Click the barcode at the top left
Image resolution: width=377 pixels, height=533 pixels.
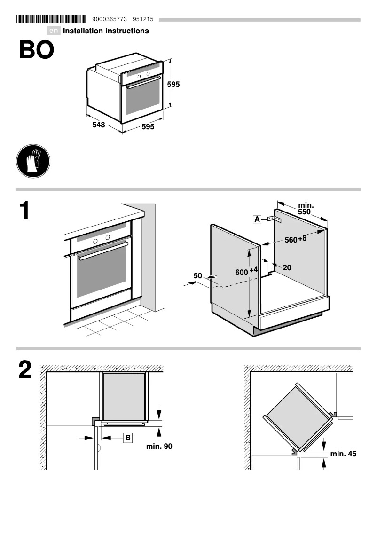(51, 19)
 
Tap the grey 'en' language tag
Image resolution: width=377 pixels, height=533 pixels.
(54, 31)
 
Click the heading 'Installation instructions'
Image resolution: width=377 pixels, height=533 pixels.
(106, 31)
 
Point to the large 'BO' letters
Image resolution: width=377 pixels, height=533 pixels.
(36, 50)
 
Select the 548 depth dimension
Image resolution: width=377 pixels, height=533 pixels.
(98, 125)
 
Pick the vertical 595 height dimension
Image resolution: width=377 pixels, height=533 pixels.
(173, 85)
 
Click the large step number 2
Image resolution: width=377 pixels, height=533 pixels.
(25, 370)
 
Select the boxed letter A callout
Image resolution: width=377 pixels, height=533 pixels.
(257, 219)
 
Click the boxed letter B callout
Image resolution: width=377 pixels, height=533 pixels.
(127, 438)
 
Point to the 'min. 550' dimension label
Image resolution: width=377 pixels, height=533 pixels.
(306, 209)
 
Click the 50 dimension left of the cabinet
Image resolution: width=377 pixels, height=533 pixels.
(197, 275)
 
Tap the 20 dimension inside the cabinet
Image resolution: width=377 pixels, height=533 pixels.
(287, 267)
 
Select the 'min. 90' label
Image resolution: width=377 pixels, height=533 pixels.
(159, 446)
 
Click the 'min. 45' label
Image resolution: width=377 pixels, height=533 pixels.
(343, 454)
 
